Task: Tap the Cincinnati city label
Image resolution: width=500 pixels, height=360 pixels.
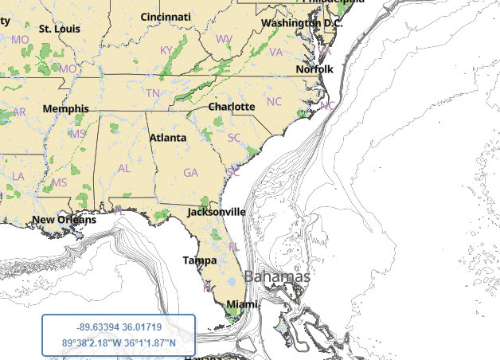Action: (166, 17)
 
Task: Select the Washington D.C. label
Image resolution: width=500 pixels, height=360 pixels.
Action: (302, 23)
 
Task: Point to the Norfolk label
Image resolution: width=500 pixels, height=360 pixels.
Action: (314, 69)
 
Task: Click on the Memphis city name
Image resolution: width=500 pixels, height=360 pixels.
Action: (66, 108)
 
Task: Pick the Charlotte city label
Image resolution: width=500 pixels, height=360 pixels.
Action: (232, 106)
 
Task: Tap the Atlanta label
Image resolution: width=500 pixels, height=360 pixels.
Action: (168, 138)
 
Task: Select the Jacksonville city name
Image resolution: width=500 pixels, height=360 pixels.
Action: (216, 212)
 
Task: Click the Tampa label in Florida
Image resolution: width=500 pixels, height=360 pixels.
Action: (200, 260)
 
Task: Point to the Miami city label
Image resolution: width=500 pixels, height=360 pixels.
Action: (242, 304)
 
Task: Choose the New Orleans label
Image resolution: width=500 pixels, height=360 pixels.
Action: (64, 220)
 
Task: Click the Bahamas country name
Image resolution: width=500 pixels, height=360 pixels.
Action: (277, 276)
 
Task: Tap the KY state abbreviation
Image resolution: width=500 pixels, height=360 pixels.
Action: (166, 50)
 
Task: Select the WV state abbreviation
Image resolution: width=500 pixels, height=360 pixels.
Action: (224, 38)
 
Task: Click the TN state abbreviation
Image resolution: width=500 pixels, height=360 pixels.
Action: (152, 92)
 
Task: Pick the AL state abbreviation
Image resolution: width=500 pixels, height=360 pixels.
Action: (123, 168)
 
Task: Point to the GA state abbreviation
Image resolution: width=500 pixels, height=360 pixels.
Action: (190, 172)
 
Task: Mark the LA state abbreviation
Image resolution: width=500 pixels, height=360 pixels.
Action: (18, 176)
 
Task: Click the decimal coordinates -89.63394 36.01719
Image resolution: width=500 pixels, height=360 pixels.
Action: (119, 327)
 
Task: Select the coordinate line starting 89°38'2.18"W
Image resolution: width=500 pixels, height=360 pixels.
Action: (119, 343)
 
